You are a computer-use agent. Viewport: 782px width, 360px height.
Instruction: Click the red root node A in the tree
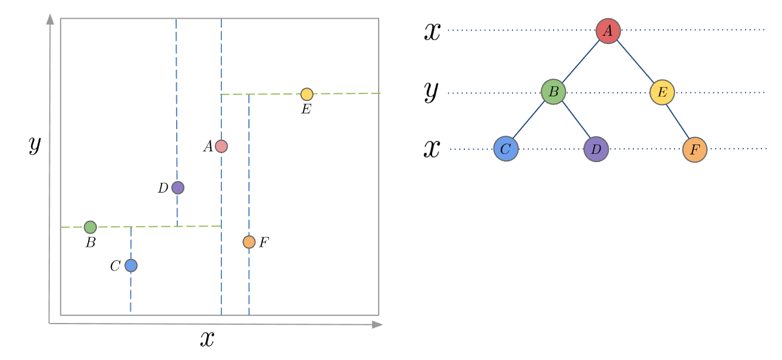coord(608,31)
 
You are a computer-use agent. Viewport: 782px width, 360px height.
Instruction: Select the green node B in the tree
coord(554,92)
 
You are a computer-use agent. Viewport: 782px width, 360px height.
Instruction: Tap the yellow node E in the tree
coord(662,92)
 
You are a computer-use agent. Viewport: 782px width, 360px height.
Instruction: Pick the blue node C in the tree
coord(506,149)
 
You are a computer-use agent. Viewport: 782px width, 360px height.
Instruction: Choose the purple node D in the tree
coord(596,149)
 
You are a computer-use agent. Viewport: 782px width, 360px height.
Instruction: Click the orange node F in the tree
coord(695,150)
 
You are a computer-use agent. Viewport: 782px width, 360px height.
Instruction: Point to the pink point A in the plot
coord(221,146)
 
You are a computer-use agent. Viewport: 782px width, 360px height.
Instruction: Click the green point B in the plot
coord(90,227)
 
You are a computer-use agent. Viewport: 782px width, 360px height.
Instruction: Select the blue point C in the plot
coord(131,265)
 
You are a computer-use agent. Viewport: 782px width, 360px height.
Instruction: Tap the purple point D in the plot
coord(178,188)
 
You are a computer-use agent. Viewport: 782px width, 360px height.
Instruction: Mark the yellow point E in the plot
coord(307,95)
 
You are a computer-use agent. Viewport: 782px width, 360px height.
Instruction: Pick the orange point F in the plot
coord(249,242)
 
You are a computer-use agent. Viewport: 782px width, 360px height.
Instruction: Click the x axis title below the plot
coord(207,339)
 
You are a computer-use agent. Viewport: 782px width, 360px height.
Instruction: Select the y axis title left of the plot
coord(35,144)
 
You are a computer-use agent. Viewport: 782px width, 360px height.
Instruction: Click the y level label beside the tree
coord(432,92)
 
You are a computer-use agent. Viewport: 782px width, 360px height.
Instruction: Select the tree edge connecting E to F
coord(678,121)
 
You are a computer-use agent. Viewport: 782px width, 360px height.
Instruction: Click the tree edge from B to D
coord(576,119)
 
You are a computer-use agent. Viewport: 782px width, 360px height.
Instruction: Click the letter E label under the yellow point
coord(306,109)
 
